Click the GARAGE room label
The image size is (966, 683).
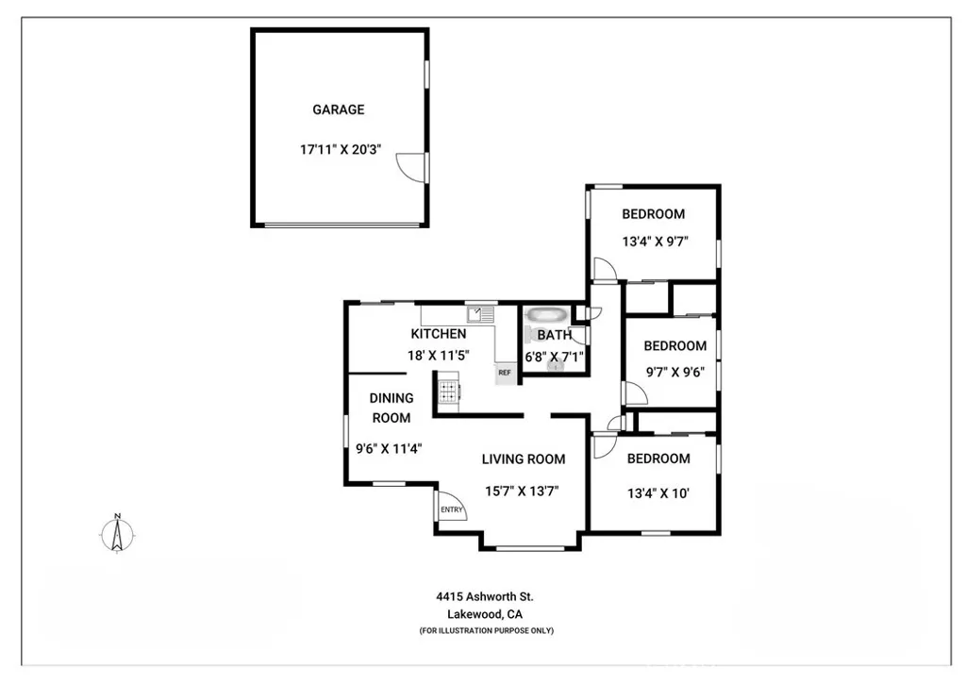338,109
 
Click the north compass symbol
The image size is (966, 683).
117,535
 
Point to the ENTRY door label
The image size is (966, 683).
452,510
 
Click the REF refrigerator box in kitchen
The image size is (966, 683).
505,373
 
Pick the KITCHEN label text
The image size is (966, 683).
438,334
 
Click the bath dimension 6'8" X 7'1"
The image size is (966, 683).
554,356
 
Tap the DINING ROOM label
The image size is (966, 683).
391,408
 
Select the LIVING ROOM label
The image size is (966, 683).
524,459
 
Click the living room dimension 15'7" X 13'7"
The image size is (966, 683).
524,491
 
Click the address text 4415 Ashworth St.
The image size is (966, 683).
485,596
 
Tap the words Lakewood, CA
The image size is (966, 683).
485,614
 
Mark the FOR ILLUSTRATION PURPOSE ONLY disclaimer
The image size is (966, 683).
486,630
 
